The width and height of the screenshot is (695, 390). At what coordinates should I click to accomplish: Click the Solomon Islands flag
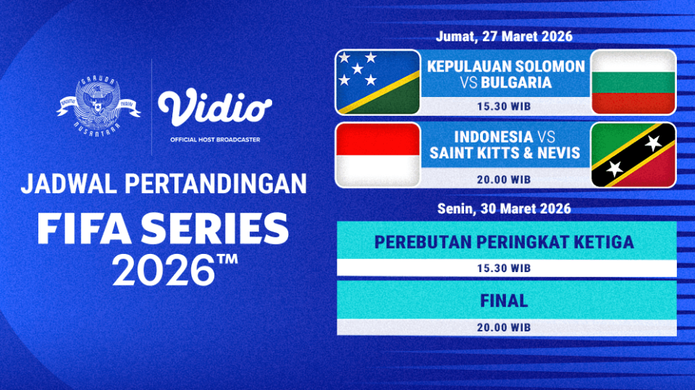tap(377, 82)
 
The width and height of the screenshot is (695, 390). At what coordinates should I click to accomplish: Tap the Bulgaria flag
tap(633, 82)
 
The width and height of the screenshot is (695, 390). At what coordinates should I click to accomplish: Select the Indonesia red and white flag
tap(377, 155)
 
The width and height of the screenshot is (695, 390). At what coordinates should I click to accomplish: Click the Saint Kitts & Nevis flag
tap(633, 155)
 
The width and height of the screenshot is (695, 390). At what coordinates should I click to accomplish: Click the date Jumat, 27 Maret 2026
tap(505, 36)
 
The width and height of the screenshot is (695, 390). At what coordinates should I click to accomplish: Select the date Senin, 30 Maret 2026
tap(505, 209)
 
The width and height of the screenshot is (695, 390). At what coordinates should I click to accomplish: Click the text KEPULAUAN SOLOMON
tap(505, 66)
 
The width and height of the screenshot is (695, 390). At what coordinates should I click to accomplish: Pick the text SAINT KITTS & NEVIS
tap(505, 153)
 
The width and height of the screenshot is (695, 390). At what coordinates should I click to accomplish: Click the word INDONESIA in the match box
tap(494, 136)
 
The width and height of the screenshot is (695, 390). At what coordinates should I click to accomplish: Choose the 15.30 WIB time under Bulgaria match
tap(505, 106)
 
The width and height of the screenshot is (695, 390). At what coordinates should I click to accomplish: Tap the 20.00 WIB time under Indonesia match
tap(505, 179)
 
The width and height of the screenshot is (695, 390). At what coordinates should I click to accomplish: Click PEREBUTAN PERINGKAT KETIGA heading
tap(505, 242)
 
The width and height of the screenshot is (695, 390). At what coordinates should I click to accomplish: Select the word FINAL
tap(505, 300)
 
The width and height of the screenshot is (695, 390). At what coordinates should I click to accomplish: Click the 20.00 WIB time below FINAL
tap(505, 327)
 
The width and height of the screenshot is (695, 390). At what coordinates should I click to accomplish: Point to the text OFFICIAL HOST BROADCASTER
tap(215, 139)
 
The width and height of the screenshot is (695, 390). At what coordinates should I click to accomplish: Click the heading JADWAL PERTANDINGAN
tap(164, 184)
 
